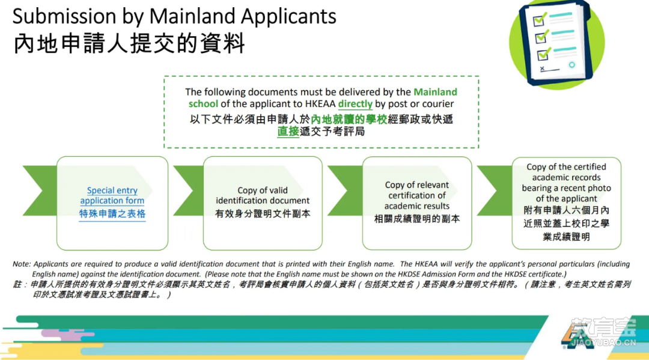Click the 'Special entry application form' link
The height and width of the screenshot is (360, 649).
[112, 195]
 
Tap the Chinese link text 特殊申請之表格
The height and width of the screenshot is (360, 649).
[112, 214]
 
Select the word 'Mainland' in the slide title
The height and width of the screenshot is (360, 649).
[192, 17]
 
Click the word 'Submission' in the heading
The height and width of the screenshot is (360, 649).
[64, 17]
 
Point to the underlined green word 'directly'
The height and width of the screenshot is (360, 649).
[355, 104]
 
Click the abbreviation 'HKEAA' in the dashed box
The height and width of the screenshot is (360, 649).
[320, 104]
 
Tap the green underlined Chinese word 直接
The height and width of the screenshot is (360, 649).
[288, 132]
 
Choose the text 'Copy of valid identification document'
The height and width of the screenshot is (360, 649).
[263, 195]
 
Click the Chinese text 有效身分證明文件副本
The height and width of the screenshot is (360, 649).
[263, 214]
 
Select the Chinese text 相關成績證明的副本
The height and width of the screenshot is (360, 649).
[417, 219]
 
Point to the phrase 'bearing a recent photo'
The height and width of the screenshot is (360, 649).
[566, 188]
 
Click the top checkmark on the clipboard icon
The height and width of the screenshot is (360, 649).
[540, 19]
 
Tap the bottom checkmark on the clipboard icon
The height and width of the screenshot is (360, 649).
[544, 54]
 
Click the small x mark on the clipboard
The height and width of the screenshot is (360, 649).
[542, 69]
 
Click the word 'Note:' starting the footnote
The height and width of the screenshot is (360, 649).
[22, 264]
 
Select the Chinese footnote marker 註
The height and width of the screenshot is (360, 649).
[17, 284]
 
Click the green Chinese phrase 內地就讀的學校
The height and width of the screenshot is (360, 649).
[349, 120]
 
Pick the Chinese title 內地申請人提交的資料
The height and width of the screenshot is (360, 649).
[129, 44]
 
